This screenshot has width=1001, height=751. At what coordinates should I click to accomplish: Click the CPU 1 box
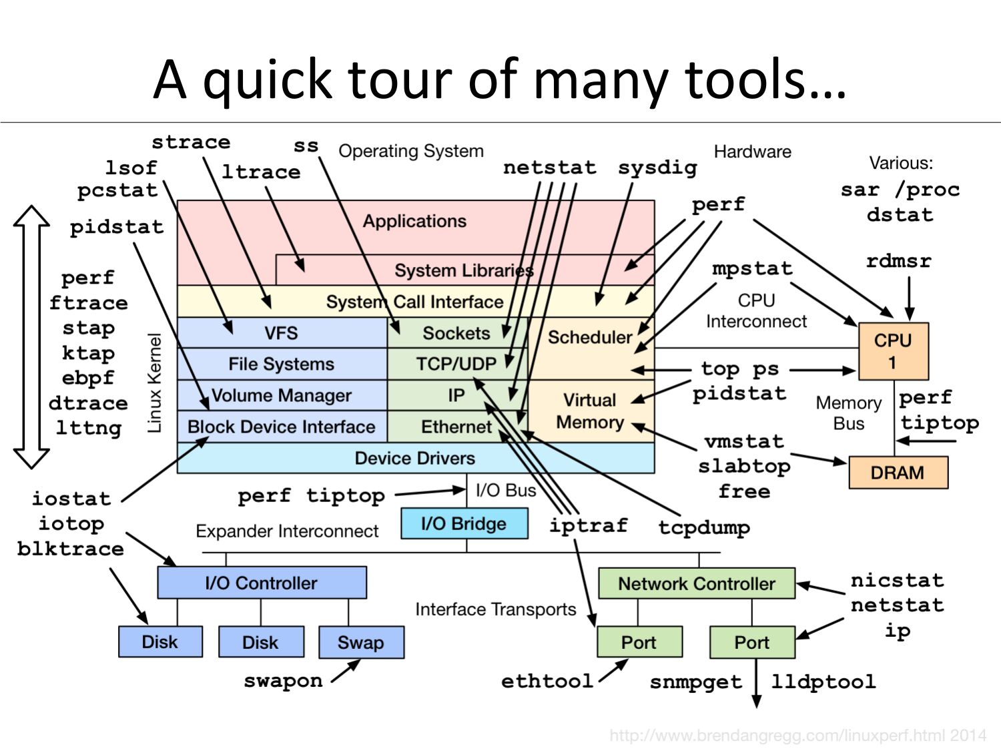[x=893, y=351]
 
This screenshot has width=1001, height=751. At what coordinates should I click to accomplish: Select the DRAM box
[x=898, y=473]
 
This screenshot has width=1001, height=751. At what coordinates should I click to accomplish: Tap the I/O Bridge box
[x=464, y=523]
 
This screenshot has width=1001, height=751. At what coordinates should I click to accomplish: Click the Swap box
[x=361, y=642]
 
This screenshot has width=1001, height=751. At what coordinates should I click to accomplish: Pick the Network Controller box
[x=696, y=583]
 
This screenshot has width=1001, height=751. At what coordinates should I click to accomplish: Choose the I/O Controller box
[x=262, y=583]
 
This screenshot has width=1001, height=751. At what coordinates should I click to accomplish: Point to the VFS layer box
[x=282, y=332]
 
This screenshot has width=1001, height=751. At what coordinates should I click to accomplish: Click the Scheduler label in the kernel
[x=589, y=337]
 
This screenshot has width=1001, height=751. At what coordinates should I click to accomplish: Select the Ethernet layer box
[x=456, y=427]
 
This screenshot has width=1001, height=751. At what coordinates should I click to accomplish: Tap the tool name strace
[x=191, y=142]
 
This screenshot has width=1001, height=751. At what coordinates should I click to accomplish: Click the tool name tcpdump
[x=704, y=527]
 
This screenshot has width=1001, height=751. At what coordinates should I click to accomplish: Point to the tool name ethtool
[x=547, y=681]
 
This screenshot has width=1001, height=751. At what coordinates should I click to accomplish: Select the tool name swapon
[x=283, y=681]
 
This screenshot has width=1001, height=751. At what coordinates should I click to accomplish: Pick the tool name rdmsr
[x=898, y=261]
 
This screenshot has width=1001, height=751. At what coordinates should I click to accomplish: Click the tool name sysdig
[x=657, y=168]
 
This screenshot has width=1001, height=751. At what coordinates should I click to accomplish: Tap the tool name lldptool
[x=823, y=682]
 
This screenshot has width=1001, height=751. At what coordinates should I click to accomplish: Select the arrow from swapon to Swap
[x=346, y=671]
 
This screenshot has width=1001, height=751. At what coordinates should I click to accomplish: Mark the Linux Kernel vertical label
[x=155, y=383]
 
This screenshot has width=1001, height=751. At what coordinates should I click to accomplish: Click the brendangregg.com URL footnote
[x=797, y=736]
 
